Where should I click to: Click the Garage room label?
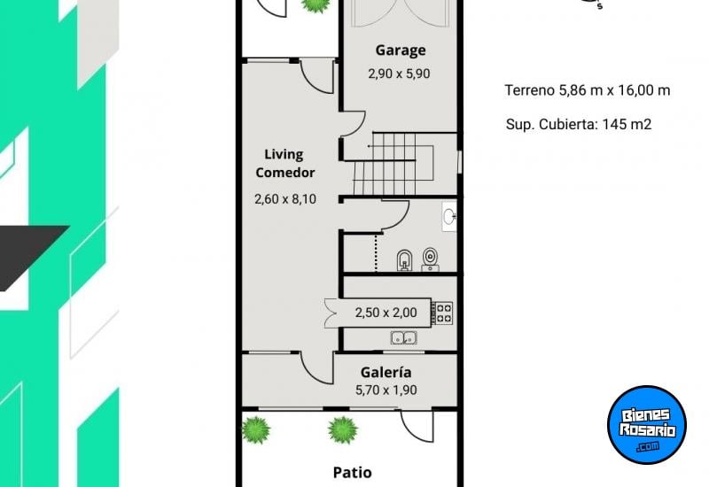(400, 50)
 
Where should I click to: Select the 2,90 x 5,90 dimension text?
(399, 74)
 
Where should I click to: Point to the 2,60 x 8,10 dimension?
(284, 199)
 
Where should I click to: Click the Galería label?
(386, 373)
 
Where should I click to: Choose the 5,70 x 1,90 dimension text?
(386, 390)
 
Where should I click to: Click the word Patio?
(352, 472)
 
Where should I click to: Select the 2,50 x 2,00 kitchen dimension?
(386, 313)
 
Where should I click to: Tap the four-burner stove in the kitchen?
(442, 313)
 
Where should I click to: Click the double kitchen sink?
(405, 337)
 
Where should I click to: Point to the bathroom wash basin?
(448, 215)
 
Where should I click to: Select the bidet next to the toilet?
(404, 259)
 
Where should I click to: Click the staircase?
(390, 163)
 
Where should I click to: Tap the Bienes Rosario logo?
(647, 424)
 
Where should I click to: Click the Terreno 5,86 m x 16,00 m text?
(587, 90)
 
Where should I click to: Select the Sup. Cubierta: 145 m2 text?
(578, 124)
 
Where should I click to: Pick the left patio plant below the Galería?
(256, 430)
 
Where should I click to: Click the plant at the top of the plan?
(313, 4)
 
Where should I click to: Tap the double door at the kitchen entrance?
(333, 313)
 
